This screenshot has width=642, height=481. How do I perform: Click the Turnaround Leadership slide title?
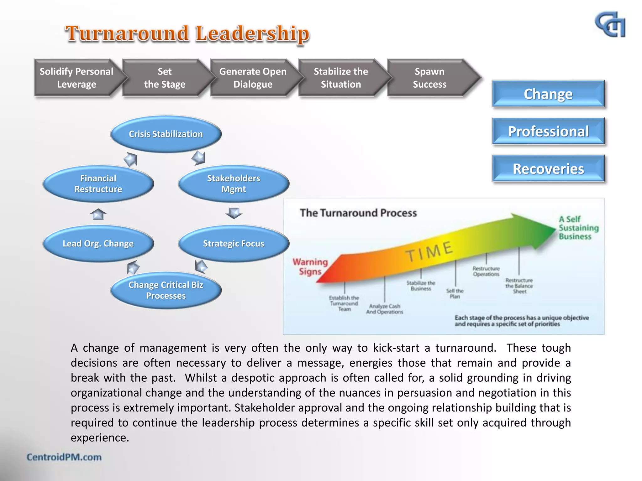(187, 34)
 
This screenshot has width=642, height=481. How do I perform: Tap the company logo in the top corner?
(610, 25)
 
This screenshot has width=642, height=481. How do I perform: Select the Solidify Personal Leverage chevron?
(76, 78)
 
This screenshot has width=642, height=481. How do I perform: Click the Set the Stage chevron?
(165, 78)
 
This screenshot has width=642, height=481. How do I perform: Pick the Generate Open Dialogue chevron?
(253, 78)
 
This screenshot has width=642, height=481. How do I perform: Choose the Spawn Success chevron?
(429, 78)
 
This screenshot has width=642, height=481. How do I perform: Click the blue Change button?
(548, 94)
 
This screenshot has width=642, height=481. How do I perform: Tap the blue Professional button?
(548, 131)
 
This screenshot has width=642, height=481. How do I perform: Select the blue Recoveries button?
(548, 169)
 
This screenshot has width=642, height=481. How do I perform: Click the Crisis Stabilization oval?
(166, 134)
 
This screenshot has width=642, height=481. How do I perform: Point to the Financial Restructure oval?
(98, 184)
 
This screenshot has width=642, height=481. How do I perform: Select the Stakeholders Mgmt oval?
(234, 184)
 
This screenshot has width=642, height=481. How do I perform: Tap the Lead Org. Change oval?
(98, 243)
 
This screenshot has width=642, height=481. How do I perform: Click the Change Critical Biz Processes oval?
(166, 290)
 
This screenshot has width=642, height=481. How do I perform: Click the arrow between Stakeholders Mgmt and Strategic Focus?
(234, 213)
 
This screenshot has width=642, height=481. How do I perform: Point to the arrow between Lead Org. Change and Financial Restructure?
(98, 214)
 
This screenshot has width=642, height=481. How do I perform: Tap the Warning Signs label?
(310, 266)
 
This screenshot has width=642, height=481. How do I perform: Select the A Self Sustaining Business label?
(578, 228)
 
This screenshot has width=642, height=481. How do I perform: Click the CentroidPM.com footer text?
(64, 457)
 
